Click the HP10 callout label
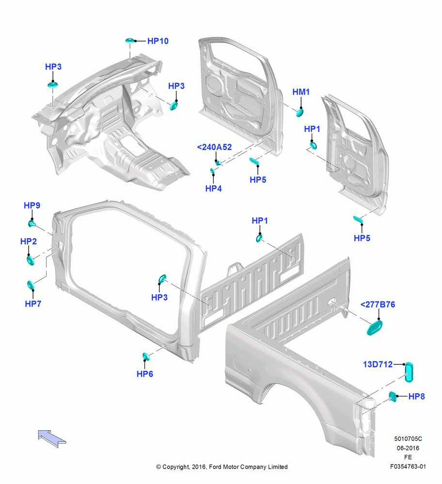click(158, 41)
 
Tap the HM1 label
click(301, 92)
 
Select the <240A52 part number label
click(214, 147)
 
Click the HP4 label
click(213, 189)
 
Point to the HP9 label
click(32, 206)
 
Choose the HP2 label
click(29, 242)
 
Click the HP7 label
click(33, 304)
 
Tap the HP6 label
click(144, 374)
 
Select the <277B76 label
click(378, 304)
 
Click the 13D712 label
click(378, 364)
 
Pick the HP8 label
click(416, 397)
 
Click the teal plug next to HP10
click(130, 41)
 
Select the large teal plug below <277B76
click(374, 328)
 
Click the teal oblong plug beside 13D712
click(409, 372)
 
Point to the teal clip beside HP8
click(393, 397)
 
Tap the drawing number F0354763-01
click(408, 467)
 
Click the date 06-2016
click(408, 448)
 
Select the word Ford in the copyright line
click(216, 467)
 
